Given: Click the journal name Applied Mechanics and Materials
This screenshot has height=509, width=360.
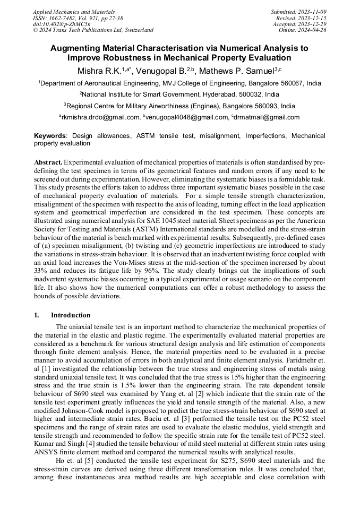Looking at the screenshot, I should (73, 12).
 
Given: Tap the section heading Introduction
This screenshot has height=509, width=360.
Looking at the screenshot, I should (71, 315).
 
